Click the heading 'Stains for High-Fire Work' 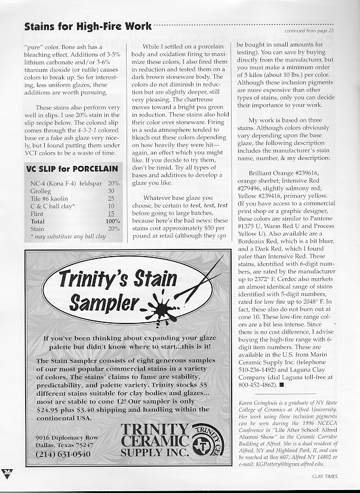[x=88, y=27]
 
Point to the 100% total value [x=112, y=221]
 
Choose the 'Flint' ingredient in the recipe [x=36, y=213]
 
